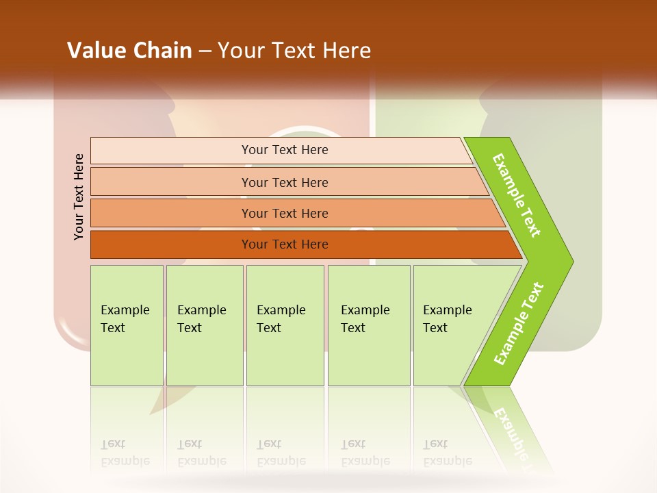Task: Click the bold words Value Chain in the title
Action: point(129,50)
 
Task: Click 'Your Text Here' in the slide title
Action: point(294,50)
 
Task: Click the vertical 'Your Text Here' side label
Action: point(79,197)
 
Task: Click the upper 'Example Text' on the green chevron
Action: point(517,195)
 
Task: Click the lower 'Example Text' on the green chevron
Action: point(518,324)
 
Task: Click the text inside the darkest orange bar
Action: point(285,244)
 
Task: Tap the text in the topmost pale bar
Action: point(285,150)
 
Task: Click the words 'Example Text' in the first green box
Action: point(125,318)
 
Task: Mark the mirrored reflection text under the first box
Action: point(125,453)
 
